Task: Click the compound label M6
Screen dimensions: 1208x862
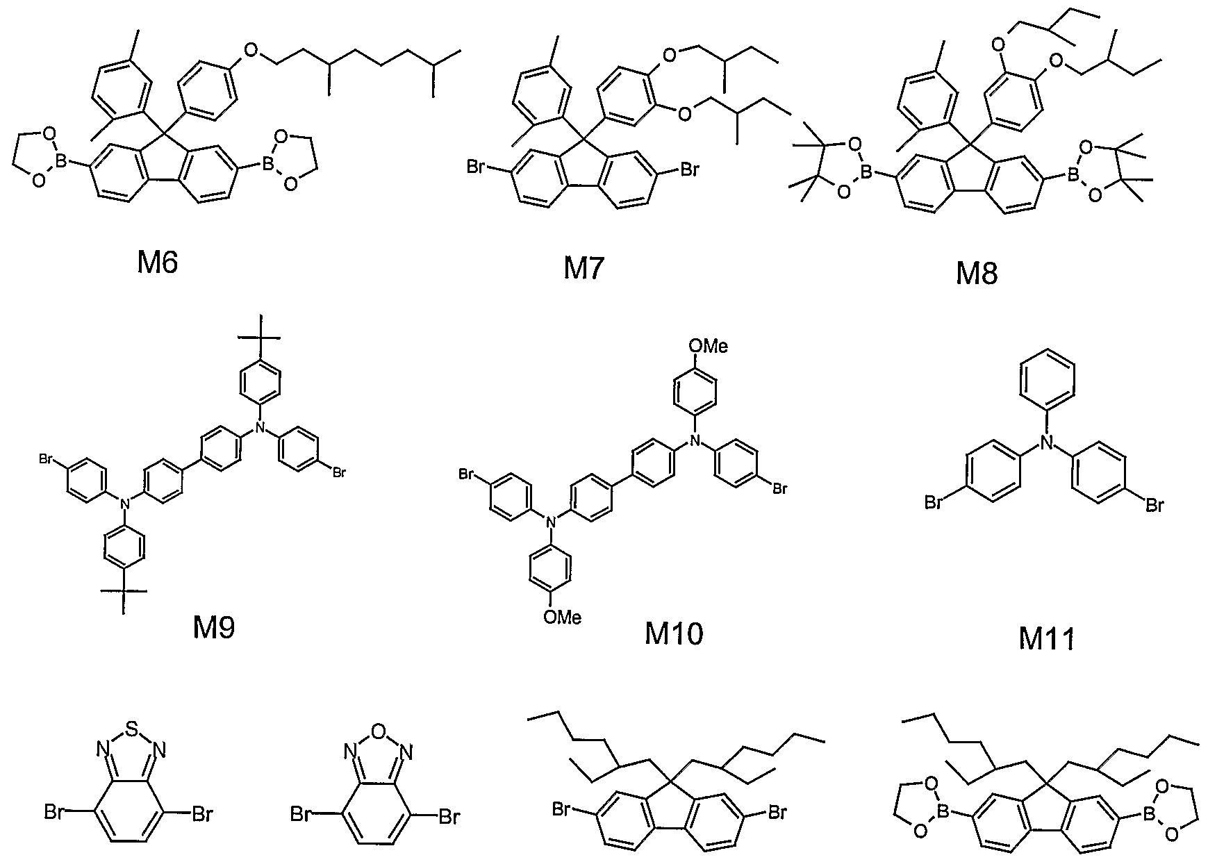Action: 158,263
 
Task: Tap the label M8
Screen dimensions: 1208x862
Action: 977,274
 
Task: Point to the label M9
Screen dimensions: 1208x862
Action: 214,627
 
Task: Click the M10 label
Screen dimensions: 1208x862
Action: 674,633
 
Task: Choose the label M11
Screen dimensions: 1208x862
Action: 1047,638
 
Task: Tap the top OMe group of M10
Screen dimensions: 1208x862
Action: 708,346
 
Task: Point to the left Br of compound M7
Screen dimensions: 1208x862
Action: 477,167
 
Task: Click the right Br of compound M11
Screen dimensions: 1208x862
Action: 1153,505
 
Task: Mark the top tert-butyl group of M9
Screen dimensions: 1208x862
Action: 260,338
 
